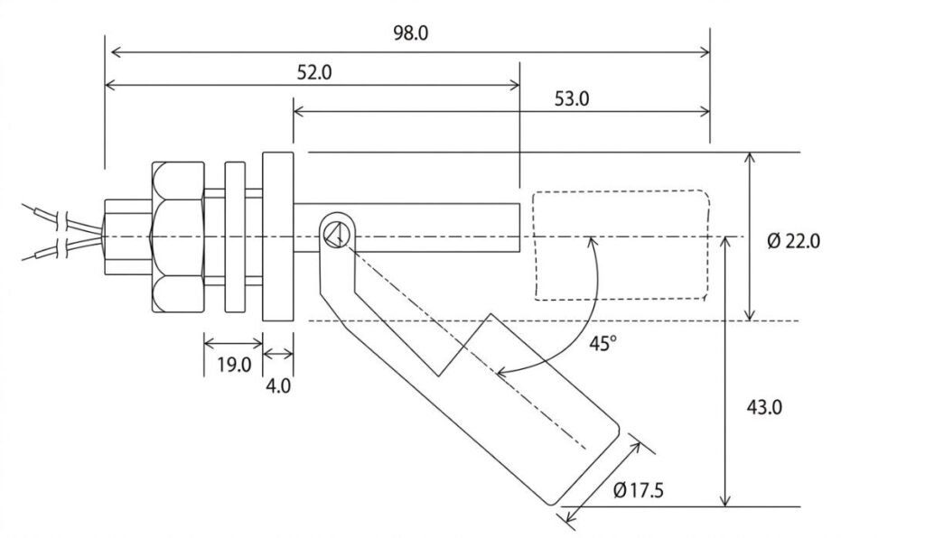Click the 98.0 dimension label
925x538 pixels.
point(409,33)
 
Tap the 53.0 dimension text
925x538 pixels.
point(571,98)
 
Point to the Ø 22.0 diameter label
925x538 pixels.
point(793,242)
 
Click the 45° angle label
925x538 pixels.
point(603,343)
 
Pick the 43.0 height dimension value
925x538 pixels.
point(763,407)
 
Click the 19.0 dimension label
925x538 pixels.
point(233,365)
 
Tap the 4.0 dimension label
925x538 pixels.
point(278,385)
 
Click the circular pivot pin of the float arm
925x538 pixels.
point(335,235)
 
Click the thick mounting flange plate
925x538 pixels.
point(277,237)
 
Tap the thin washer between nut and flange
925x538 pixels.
point(234,237)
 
